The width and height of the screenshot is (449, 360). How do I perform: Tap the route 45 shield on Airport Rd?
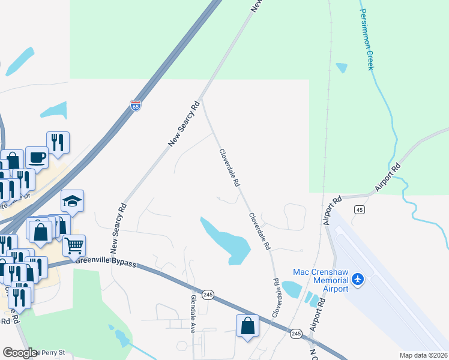coord(359,209)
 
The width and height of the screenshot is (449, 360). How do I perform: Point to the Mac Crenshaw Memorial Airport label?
coord(321,280)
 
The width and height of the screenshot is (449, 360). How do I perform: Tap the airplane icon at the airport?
coord(358,279)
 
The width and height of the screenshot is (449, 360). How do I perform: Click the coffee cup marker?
coord(37,157)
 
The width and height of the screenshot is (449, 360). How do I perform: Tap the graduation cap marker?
coord(72,202)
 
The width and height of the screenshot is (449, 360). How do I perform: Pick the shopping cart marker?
coord(74,245)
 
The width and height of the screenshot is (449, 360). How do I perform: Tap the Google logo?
coord(19,353)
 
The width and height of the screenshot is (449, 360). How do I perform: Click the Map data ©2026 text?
coord(424,355)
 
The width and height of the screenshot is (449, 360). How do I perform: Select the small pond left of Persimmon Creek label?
coord(342,67)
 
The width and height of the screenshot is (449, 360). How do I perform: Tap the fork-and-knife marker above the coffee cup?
coord(58,142)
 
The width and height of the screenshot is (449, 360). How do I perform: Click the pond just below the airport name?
coord(291,289)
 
